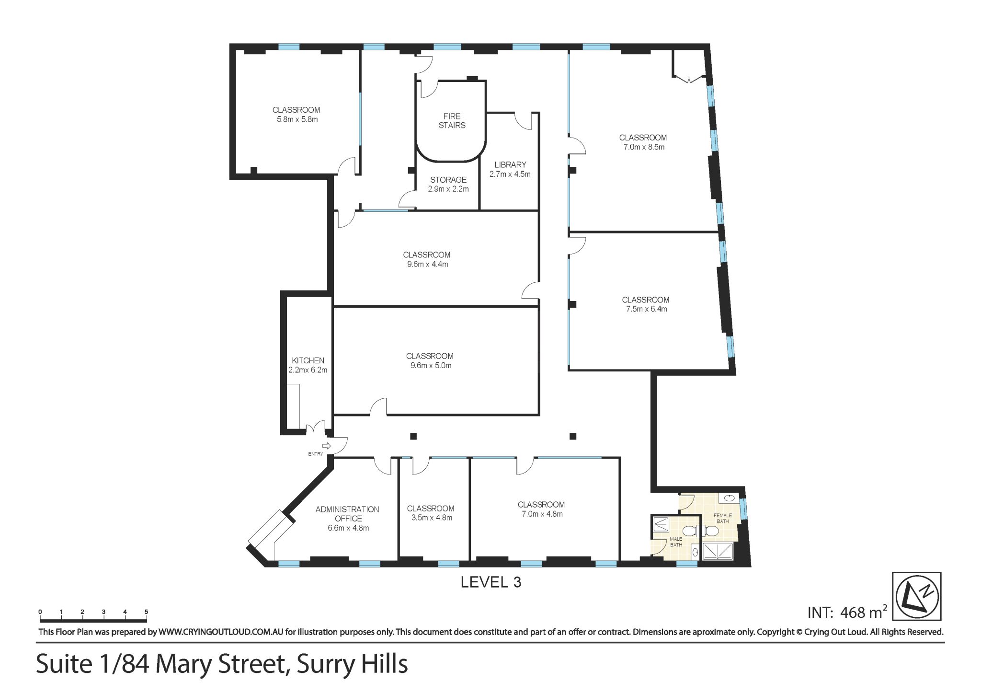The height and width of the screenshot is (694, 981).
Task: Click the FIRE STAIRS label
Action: tap(452, 121)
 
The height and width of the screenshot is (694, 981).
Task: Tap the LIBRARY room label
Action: tap(510, 164)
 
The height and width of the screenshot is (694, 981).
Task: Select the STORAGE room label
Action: tap(448, 180)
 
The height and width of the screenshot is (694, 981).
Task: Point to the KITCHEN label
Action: tap(308, 360)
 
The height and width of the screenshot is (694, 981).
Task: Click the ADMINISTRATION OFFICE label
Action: tap(348, 514)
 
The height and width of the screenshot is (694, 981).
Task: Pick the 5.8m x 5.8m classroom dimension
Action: tap(297, 119)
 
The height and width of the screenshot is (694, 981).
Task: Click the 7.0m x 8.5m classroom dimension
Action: tap(644, 147)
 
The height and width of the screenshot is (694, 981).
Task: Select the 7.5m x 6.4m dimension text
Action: tap(646, 309)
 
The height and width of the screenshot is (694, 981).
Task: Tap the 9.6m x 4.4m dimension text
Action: tap(427, 264)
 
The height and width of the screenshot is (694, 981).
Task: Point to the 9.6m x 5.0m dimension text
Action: tap(431, 365)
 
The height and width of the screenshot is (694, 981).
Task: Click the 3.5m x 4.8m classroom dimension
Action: tap(432, 518)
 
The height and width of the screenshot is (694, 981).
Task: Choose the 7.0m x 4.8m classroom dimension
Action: tap(542, 514)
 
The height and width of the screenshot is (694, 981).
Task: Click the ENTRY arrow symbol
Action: tap(326, 446)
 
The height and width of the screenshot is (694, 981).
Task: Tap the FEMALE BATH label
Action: tap(723, 518)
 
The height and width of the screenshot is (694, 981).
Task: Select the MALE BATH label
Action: tap(676, 542)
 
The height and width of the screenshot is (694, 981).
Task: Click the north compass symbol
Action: tap(916, 596)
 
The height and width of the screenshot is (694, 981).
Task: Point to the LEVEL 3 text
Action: tap(490, 582)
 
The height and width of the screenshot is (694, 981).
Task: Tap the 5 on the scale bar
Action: tap(146, 612)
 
